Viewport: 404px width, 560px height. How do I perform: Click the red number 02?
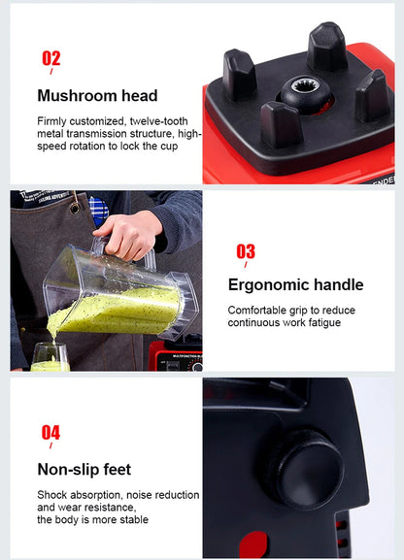point(50,59)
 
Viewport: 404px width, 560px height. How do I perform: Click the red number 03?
point(246,252)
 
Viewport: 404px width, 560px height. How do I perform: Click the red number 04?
point(50,433)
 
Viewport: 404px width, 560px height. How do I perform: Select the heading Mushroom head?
point(97,96)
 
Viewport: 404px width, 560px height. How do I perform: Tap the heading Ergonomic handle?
point(295,285)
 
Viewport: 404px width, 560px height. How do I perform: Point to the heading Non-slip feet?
point(84,471)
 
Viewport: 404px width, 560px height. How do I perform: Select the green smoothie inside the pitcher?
point(117,308)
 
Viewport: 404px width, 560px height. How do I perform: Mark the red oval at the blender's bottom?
point(254,545)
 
